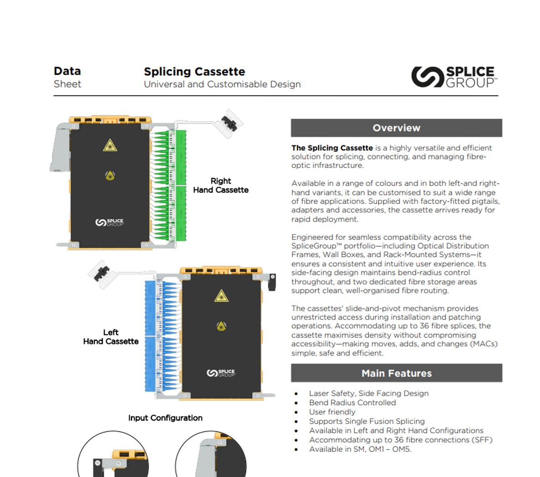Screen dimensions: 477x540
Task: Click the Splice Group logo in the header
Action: pos(453,77)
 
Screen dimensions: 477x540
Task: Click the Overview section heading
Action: pos(396,128)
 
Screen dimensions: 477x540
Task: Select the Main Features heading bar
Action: pos(396,373)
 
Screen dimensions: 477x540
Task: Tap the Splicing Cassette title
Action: pos(194,72)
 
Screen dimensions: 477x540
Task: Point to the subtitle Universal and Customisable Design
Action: pos(222,84)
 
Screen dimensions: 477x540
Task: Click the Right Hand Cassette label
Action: pos(221,186)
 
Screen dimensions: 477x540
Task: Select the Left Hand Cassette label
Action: pos(111,337)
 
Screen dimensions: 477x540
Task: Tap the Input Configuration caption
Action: pos(165,418)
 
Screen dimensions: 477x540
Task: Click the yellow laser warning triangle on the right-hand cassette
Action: pos(110,145)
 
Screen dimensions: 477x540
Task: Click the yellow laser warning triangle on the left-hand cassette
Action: pos(222,296)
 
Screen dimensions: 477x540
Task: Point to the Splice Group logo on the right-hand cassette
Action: pos(109,223)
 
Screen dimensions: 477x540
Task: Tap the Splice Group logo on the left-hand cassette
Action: pos(221,373)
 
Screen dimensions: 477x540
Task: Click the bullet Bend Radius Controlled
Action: pos(352,403)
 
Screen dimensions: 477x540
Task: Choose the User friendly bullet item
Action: pos(332,412)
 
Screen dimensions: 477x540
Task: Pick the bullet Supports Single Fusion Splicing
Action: pos(367,421)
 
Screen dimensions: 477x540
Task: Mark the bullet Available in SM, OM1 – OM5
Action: pos(360,449)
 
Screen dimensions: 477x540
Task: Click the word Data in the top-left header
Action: pos(67,71)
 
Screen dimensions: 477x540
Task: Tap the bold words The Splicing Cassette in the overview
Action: pos(332,148)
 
